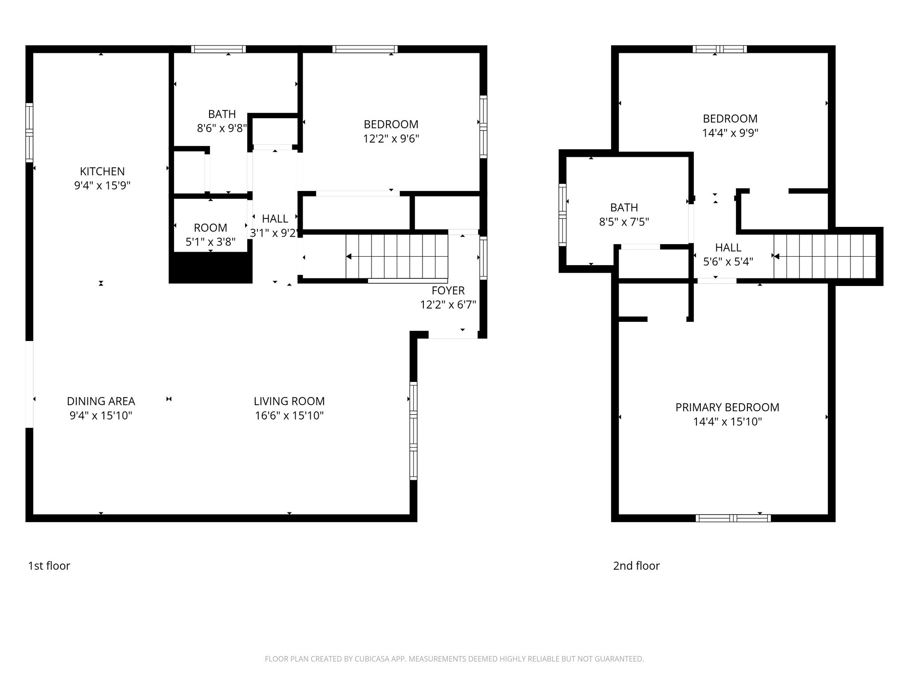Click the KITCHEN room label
[x=102, y=171]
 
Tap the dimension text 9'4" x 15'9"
[x=102, y=186]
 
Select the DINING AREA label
[x=101, y=401]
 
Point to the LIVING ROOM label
[x=289, y=401]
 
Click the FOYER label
[x=448, y=291]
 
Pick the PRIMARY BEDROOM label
[x=727, y=408]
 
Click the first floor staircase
[x=396, y=257]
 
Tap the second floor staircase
[x=824, y=256]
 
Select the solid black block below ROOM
[x=211, y=268]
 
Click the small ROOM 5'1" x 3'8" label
[x=210, y=234]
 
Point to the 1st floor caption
[x=49, y=566]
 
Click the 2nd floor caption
[x=636, y=566]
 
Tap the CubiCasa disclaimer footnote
[x=454, y=659]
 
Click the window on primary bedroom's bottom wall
[x=733, y=518]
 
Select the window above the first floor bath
[x=218, y=49]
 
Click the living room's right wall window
[x=413, y=431]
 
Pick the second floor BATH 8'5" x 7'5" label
[x=624, y=214]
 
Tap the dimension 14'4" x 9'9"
[x=730, y=133]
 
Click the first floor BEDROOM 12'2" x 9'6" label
[x=391, y=131]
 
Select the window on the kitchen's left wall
[x=29, y=132]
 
